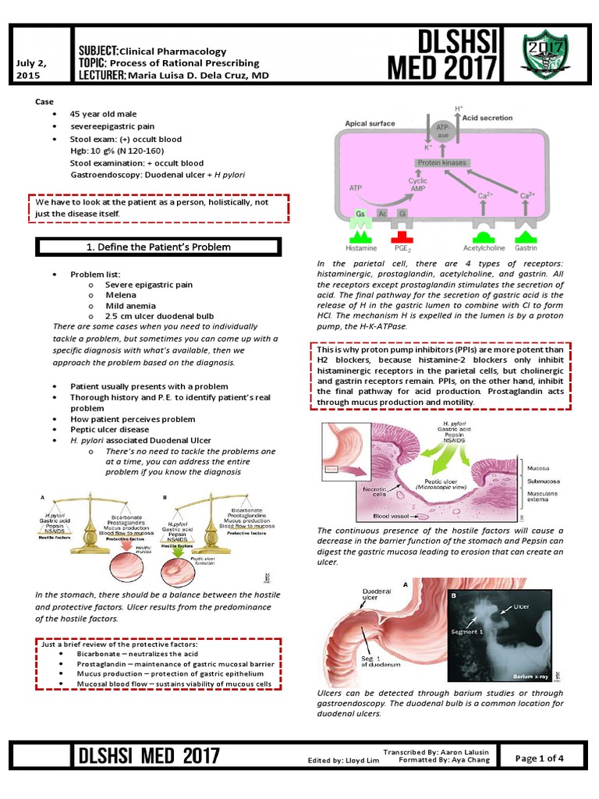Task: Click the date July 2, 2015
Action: pyautogui.click(x=30, y=69)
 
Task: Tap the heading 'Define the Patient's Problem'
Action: pyautogui.click(x=158, y=247)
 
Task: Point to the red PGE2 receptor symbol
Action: pyautogui.click(x=403, y=235)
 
